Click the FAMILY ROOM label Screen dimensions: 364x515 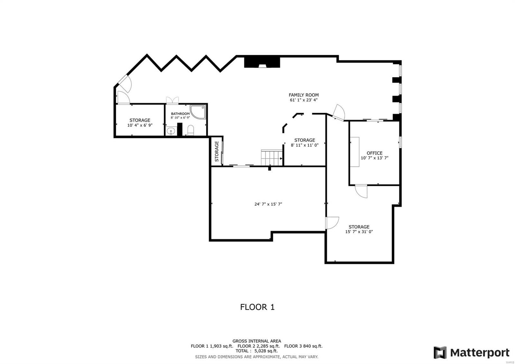pos(304,95)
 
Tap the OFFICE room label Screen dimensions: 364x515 pos(374,153)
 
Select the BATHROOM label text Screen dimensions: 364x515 pos(180,114)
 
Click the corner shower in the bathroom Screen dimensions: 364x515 pos(198,112)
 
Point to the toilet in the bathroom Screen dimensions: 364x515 pos(191,130)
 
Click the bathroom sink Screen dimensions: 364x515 pos(171,131)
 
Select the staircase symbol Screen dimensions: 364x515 pos(271,158)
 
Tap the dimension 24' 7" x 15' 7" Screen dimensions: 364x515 pos(268,204)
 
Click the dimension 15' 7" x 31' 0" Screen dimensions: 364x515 pos(359,232)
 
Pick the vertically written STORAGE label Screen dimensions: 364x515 pos(217,151)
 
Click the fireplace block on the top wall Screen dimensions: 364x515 pos(262,62)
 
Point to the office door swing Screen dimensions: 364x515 pos(362,191)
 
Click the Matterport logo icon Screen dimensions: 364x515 pos(440,352)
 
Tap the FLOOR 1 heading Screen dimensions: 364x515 pos(257,307)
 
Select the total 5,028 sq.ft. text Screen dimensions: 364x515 pos(257,351)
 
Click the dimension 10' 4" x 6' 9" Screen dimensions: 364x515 pos(140,125)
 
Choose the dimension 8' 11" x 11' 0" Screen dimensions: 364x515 pos(304,145)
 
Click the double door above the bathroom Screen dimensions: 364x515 pos(172,100)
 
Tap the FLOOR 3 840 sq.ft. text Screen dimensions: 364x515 pos(303,346)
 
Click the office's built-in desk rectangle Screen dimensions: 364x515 pos(355,152)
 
